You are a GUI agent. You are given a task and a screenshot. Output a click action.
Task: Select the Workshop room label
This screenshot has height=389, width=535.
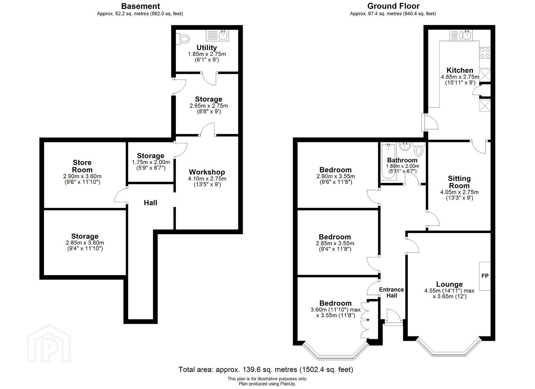coord(207,172)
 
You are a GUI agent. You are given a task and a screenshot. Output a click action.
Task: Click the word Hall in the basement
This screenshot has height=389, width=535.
coord(151,203)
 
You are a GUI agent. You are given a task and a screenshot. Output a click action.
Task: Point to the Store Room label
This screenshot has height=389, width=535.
coord(82,166)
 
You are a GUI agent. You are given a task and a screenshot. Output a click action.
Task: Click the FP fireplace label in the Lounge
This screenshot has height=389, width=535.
coord(485,276)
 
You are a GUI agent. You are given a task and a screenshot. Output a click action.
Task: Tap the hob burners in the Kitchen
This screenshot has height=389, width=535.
coord(485,53)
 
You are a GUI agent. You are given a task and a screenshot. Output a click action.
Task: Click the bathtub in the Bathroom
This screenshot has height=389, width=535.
coord(389,162)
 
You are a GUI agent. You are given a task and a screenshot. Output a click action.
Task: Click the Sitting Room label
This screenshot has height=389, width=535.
coord(459,182)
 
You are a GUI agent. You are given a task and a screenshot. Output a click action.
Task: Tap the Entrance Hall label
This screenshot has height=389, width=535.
coord(392,292)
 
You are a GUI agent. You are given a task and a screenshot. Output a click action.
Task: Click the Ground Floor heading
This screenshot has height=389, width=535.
coord(393,6)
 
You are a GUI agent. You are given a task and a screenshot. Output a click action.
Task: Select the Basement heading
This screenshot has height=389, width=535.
coord(141,6)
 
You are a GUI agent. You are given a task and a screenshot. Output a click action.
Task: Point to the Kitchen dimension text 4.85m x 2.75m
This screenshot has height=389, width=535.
coord(460,77)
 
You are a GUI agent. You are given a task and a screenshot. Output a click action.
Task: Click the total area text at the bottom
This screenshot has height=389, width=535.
coord(266,370)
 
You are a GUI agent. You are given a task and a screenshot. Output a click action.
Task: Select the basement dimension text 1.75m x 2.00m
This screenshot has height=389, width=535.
coord(151,162)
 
